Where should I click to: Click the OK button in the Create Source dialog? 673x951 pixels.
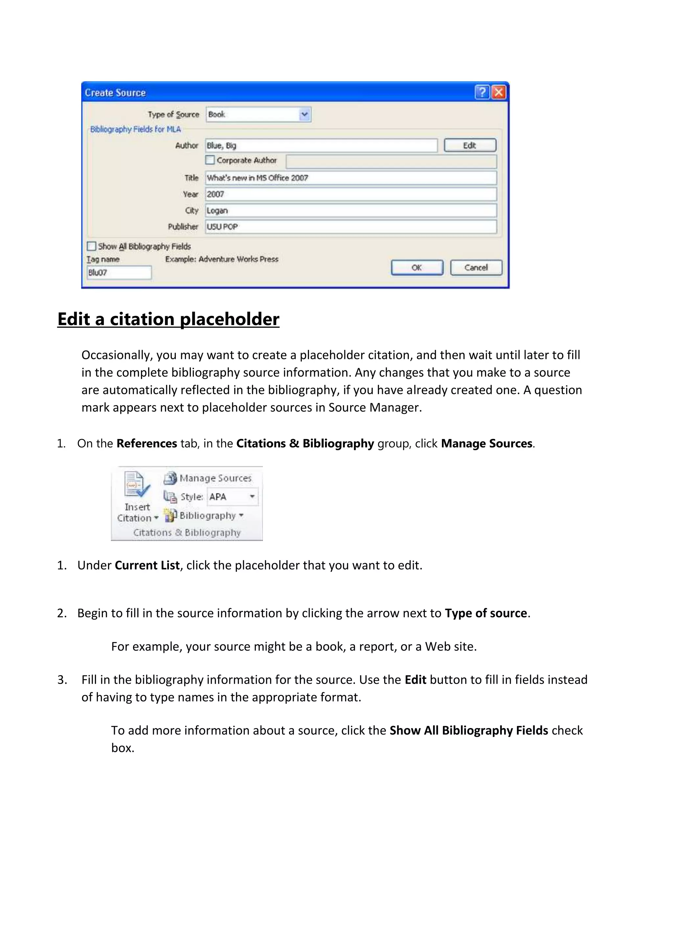417,268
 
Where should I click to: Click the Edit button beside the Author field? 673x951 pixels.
470,145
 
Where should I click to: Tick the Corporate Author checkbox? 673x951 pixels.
210,160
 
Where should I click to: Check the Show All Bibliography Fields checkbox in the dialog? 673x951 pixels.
92,246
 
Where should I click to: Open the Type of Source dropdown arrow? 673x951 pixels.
305,114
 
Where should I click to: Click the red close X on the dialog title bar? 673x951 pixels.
499,92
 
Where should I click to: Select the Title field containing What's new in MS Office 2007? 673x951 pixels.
351,178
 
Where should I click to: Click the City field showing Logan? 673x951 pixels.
351,210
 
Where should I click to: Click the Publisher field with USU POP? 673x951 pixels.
351,227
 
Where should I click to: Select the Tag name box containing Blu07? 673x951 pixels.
119,273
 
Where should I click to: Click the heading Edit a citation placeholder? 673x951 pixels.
168,319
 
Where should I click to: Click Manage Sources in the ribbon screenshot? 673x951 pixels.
215,478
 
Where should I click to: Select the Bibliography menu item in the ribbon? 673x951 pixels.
207,516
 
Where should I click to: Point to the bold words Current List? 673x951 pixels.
147,565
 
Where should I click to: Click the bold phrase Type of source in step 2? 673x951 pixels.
486,613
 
